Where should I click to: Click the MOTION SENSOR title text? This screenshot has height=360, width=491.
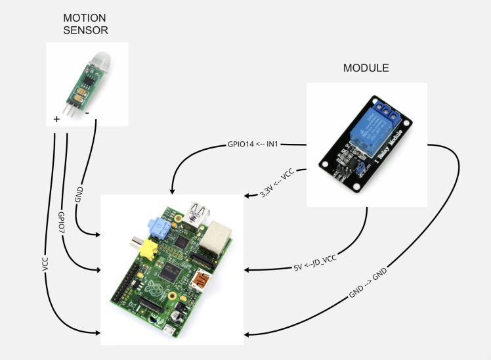point(85,23)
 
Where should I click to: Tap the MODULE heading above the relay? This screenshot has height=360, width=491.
point(366,68)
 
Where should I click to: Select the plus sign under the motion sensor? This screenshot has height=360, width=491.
point(56,120)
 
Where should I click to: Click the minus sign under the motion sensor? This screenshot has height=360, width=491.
point(96,120)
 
